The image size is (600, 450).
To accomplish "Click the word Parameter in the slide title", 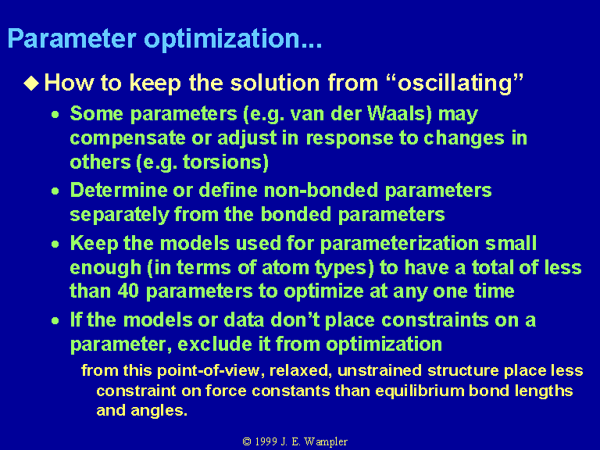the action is pos(72,38).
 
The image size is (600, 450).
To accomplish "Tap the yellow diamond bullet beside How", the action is pos(31,83).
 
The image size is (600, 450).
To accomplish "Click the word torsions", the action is pos(226,162).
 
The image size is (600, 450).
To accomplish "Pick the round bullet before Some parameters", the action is pos(55,114).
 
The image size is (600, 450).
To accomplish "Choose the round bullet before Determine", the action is pos(55,191).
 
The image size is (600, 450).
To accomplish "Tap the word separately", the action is pos(120,215).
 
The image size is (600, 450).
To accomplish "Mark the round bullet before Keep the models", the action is pos(55,244).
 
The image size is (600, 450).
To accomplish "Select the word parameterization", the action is pos(399,244).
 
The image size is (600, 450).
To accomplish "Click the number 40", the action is pos(128,291).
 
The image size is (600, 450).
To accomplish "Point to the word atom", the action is pos(285,267).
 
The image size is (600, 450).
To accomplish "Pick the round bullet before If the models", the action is pos(55,320).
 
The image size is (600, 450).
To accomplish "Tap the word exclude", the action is pos(215,344).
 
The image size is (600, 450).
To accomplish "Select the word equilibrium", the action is pos(420,391).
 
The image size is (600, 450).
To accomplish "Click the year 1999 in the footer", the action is pos(266,441).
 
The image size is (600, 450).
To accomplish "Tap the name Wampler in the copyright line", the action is pos(326,442).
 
